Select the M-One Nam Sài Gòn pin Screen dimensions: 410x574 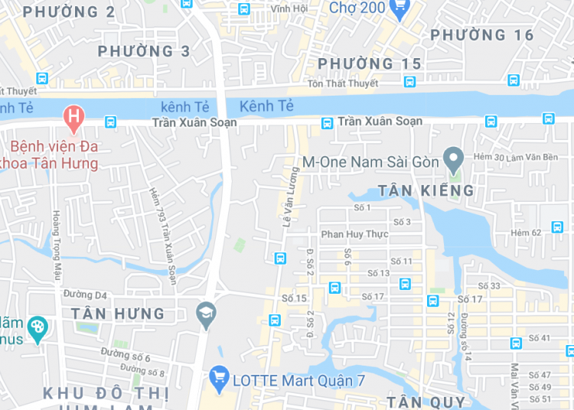(x=454, y=160)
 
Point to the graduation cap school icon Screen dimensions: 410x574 (x=206, y=313)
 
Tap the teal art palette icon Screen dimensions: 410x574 (x=37, y=328)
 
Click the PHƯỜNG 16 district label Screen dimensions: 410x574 (x=481, y=35)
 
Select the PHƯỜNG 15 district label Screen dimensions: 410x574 (x=369, y=63)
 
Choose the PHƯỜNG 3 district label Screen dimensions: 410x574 (x=144, y=51)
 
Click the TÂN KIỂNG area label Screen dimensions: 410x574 (x=426, y=190)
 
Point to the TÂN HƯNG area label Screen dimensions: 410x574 (x=118, y=314)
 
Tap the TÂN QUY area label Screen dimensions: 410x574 (x=426, y=402)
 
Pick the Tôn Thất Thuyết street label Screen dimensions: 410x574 (x=343, y=83)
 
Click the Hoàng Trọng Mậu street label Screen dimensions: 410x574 (x=56, y=246)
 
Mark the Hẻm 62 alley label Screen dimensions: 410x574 (x=526, y=233)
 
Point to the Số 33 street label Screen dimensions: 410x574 (x=489, y=286)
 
